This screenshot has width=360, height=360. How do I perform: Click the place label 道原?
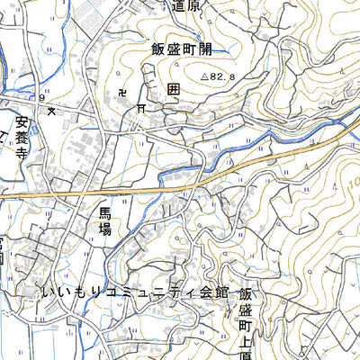[186, 6]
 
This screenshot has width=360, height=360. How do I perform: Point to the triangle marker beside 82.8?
[204, 77]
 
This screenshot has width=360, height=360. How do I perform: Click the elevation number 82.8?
[223, 78]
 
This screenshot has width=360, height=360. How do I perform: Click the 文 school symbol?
[51, 110]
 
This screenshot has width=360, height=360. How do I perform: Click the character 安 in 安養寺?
[22, 117]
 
